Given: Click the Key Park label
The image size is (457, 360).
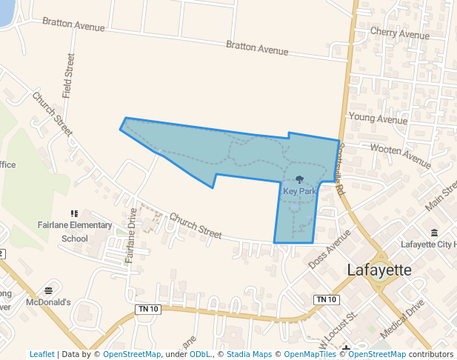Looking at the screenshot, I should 299,191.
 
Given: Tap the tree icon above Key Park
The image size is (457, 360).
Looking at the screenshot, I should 299,179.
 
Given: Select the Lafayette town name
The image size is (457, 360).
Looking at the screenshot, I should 378,270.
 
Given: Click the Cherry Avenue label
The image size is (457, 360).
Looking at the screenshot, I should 399,34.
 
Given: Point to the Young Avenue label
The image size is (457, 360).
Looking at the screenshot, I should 378,118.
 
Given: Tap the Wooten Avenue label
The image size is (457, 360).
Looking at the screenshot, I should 400,152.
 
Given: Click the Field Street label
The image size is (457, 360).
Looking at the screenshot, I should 69,76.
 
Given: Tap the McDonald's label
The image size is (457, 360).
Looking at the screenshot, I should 48,302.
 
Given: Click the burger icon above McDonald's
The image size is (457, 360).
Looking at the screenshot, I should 48,290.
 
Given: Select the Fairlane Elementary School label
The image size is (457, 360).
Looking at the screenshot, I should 75,232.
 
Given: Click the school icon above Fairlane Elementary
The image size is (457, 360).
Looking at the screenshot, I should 74,213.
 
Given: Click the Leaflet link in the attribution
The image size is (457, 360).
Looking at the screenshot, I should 42,354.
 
